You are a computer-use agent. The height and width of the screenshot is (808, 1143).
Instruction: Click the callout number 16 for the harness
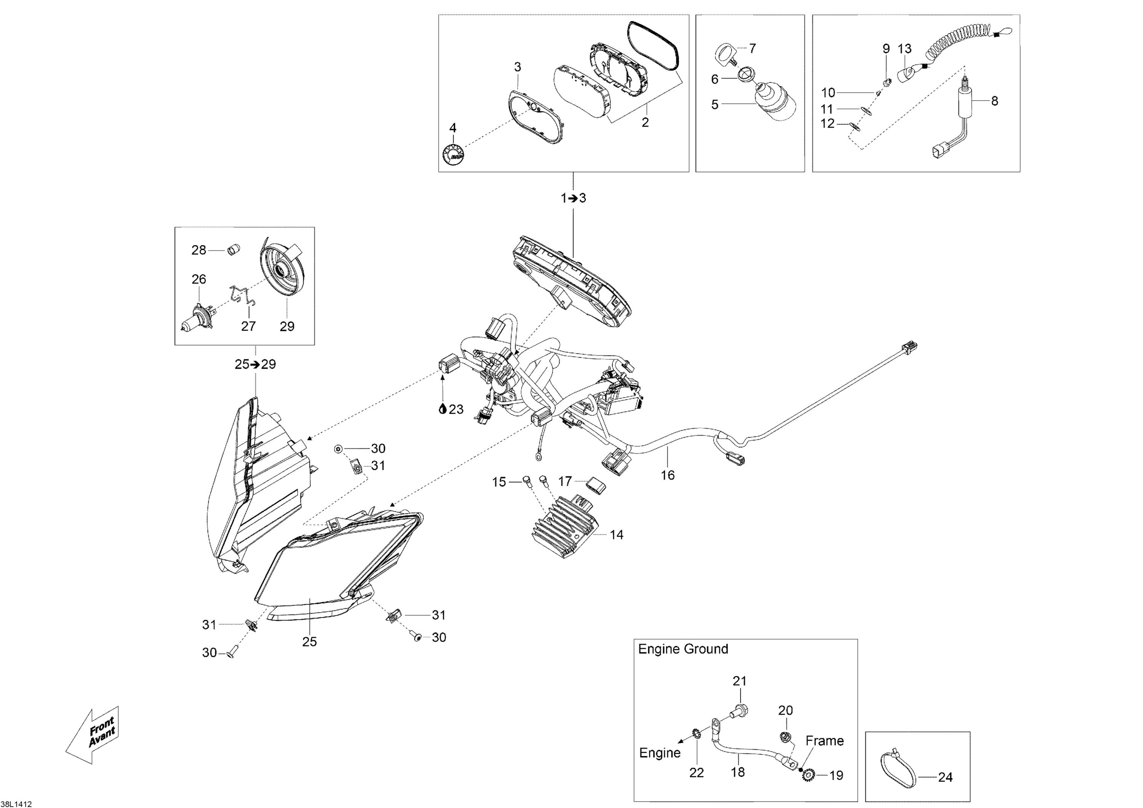tap(668, 475)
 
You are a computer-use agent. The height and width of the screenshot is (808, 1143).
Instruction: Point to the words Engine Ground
tap(683, 649)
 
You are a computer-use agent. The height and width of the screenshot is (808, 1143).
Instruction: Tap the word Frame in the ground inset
tap(824, 741)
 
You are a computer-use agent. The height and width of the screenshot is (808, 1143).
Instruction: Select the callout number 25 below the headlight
tap(309, 642)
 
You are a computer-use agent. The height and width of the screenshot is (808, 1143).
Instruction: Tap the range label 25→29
tap(255, 365)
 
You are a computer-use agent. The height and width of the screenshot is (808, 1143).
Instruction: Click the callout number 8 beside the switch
tap(994, 101)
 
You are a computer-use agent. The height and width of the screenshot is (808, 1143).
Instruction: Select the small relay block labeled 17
tap(594, 485)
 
